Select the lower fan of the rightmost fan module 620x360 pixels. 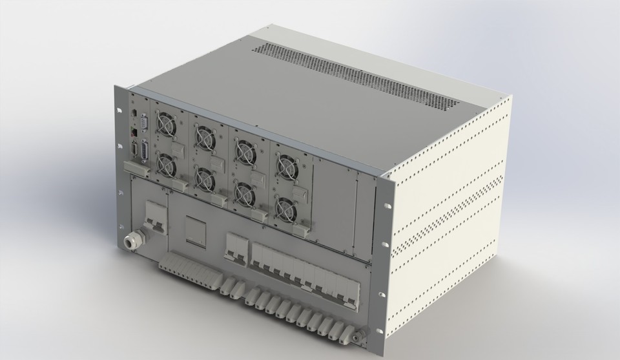click(285, 207)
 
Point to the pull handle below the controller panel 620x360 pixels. click(138, 169)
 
